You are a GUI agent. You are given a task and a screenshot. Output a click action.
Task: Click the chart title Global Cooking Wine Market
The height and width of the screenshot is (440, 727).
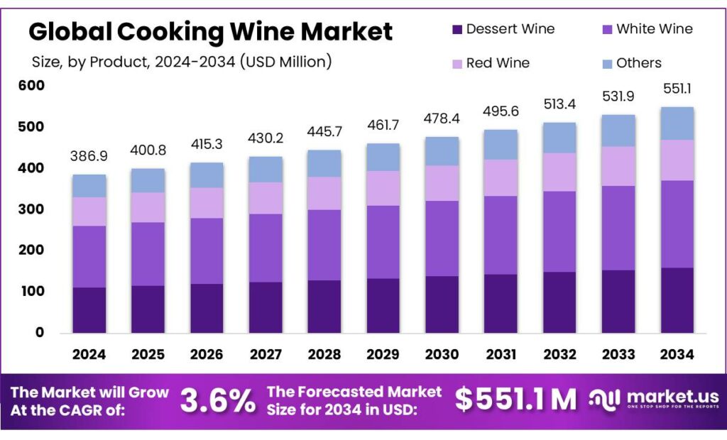pos(210,31)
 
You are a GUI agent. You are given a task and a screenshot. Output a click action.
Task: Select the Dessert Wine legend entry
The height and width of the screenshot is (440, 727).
pos(503,29)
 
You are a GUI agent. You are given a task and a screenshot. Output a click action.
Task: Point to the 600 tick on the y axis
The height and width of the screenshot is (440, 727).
pos(31,86)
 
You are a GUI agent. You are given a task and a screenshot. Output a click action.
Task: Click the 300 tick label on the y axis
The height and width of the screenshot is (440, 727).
pos(31,209)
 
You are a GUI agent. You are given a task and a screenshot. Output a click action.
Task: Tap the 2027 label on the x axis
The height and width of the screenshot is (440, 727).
pos(266,354)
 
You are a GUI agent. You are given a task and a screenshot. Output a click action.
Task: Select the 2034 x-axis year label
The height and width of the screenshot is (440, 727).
pos(677,354)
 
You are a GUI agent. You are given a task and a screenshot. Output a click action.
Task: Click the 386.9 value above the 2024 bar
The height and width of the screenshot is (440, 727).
pos(88,155)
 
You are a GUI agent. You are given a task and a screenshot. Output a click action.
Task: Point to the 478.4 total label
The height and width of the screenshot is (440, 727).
pos(442,117)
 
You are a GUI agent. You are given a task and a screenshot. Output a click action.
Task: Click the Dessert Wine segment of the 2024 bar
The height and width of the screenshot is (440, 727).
pos(89,310)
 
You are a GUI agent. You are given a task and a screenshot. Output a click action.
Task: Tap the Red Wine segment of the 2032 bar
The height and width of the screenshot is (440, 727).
pos(559,172)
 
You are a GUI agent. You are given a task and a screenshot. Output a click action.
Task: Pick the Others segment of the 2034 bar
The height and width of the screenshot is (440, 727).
pos(677,123)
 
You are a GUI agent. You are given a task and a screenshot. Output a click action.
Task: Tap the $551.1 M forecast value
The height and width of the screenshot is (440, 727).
pos(516,400)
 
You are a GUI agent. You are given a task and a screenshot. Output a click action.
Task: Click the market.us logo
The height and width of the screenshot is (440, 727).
pos(654,400)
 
